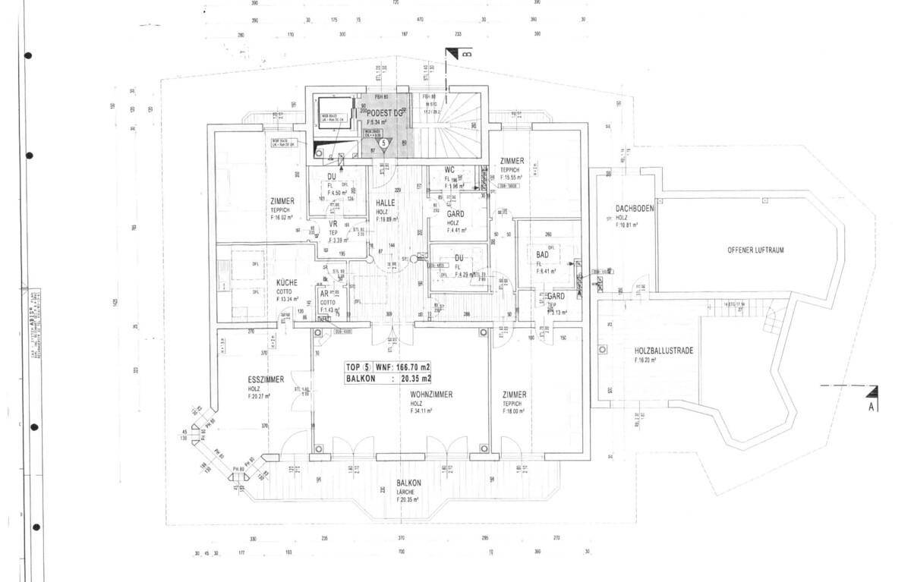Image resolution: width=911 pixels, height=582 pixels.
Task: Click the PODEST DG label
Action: click(x=385, y=113)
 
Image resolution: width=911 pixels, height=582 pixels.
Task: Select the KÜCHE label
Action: click(x=287, y=282)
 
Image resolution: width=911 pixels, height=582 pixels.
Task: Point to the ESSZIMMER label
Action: click(x=266, y=379)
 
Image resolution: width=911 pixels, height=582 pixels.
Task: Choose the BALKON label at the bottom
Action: click(x=408, y=483)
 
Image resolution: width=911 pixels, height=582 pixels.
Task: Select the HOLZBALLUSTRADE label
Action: click(x=664, y=351)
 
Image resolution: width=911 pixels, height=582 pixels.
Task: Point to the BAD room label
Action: click(x=542, y=255)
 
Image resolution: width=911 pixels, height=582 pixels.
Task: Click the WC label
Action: click(x=449, y=169)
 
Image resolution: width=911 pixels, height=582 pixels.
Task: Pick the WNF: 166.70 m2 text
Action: click(x=403, y=367)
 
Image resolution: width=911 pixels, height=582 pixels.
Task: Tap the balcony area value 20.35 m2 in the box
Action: click(x=416, y=378)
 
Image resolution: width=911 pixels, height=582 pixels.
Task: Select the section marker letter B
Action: click(x=467, y=54)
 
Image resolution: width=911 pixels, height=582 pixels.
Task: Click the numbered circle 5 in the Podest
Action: click(x=383, y=142)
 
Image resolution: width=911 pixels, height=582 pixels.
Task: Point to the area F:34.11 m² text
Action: click(x=421, y=411)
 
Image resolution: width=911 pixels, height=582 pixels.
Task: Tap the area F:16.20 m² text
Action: click(x=645, y=360)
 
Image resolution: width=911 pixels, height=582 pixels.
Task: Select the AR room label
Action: click(x=325, y=294)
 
